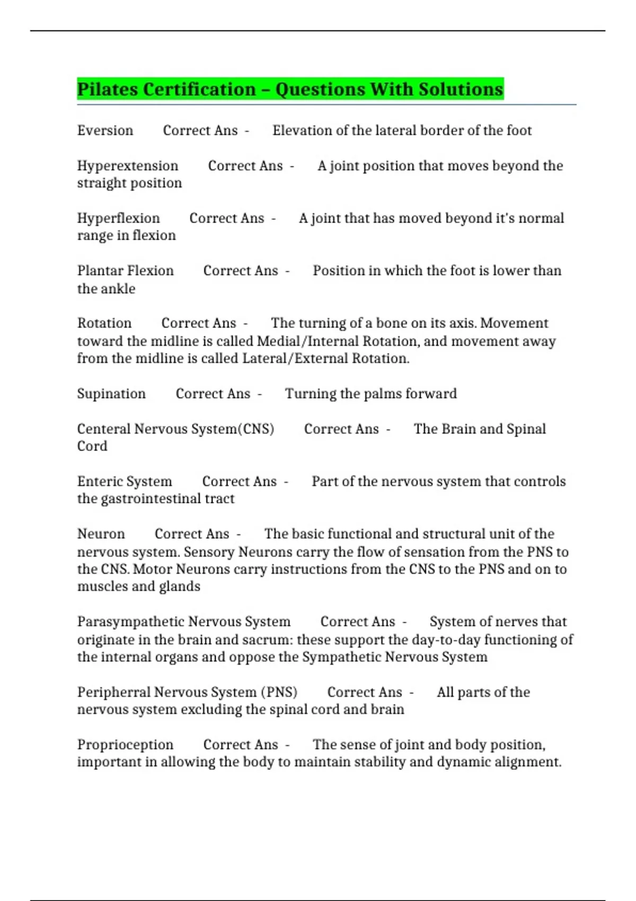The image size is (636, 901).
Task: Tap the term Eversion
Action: (x=105, y=130)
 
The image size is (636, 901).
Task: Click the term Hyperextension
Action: (x=128, y=166)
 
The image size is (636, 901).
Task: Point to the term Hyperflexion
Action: (x=118, y=218)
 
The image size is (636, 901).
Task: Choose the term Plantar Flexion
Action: (x=126, y=271)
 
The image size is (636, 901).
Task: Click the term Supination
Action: (x=111, y=394)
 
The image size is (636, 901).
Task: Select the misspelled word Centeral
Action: (x=104, y=429)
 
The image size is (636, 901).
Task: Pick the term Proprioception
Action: (x=125, y=745)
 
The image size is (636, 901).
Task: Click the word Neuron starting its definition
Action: (x=101, y=534)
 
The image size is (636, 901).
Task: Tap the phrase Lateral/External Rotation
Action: (x=325, y=359)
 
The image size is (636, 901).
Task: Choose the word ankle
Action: (x=121, y=289)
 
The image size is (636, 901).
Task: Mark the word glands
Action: (x=179, y=587)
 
